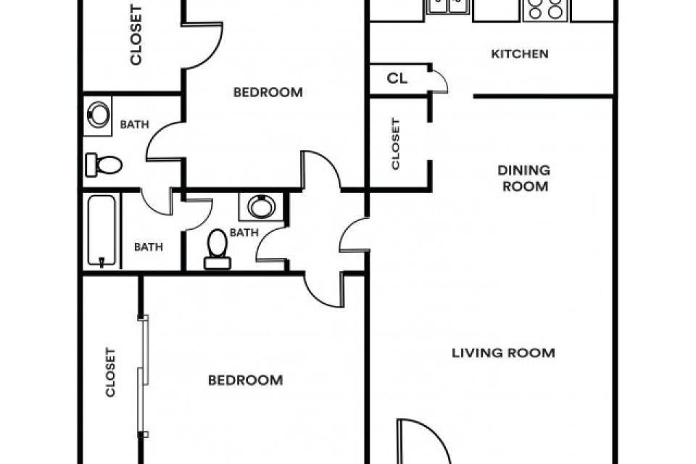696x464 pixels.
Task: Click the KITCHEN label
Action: (x=519, y=54)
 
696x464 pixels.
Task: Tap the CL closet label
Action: (x=397, y=78)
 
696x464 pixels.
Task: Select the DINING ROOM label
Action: (x=524, y=178)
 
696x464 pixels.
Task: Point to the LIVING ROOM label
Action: (x=503, y=353)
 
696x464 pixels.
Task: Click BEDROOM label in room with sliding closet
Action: (x=246, y=380)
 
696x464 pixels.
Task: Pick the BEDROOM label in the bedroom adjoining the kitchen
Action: (x=268, y=92)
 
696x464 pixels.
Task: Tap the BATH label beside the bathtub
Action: (x=148, y=247)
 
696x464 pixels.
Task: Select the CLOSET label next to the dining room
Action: (x=396, y=144)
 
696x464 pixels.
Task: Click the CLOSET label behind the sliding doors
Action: (x=110, y=372)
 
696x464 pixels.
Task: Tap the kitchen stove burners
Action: (x=545, y=9)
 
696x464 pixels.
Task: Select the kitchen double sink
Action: (x=448, y=7)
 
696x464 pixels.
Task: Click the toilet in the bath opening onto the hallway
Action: (x=217, y=249)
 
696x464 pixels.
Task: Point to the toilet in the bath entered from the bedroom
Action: (x=104, y=165)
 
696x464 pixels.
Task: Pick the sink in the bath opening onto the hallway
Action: (x=262, y=207)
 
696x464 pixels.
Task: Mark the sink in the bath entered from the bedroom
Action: (x=98, y=115)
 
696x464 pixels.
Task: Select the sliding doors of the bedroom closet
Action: (x=143, y=376)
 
